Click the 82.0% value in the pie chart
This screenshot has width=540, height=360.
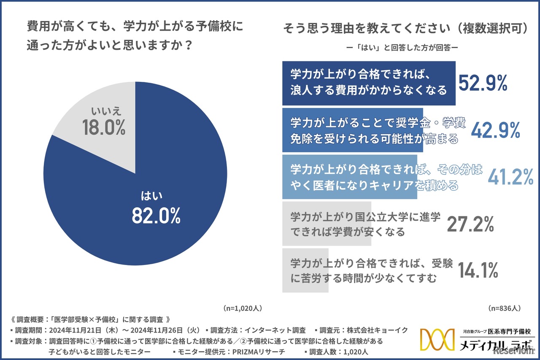(x=156, y=216)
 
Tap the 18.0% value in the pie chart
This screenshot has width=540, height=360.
(x=104, y=127)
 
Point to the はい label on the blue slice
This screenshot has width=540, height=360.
(x=152, y=196)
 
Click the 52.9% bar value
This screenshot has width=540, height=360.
(x=483, y=84)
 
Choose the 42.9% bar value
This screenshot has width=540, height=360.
(x=495, y=131)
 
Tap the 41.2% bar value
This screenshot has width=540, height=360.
(x=510, y=177)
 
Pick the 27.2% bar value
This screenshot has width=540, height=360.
(x=470, y=224)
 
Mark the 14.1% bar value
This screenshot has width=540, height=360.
(x=478, y=271)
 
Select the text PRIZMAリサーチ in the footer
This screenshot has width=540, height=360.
(x=260, y=351)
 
